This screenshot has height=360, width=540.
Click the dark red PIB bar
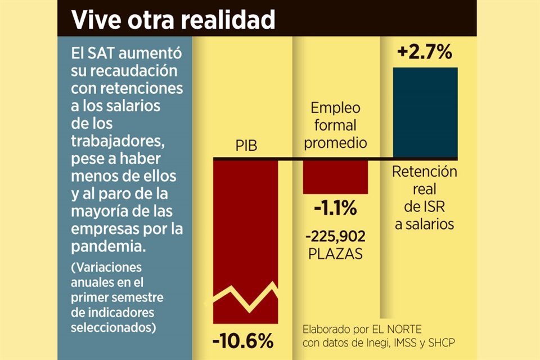click(245, 225)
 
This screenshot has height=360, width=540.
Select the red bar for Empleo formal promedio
click(335, 177)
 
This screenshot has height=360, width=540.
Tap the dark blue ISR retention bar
click(425, 112)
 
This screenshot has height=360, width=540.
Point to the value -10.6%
click(243, 341)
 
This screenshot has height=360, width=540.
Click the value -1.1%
click(335, 209)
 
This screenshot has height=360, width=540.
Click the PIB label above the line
click(246, 147)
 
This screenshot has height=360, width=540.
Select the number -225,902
click(335, 235)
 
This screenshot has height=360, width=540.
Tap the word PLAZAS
click(335, 254)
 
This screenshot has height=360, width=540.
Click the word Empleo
click(335, 108)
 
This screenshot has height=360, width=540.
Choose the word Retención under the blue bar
click(425, 172)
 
